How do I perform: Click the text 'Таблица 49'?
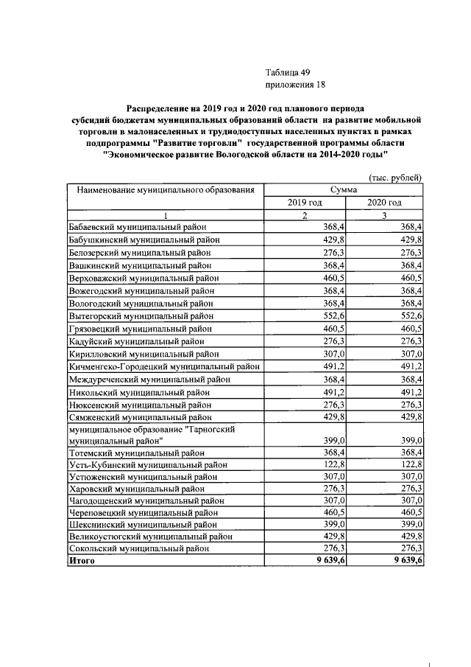[288, 72]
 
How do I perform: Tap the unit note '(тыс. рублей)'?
[395, 177]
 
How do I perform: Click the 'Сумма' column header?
[344, 189]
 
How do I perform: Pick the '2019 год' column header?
[304, 203]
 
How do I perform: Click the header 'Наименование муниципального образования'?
[166, 190]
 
